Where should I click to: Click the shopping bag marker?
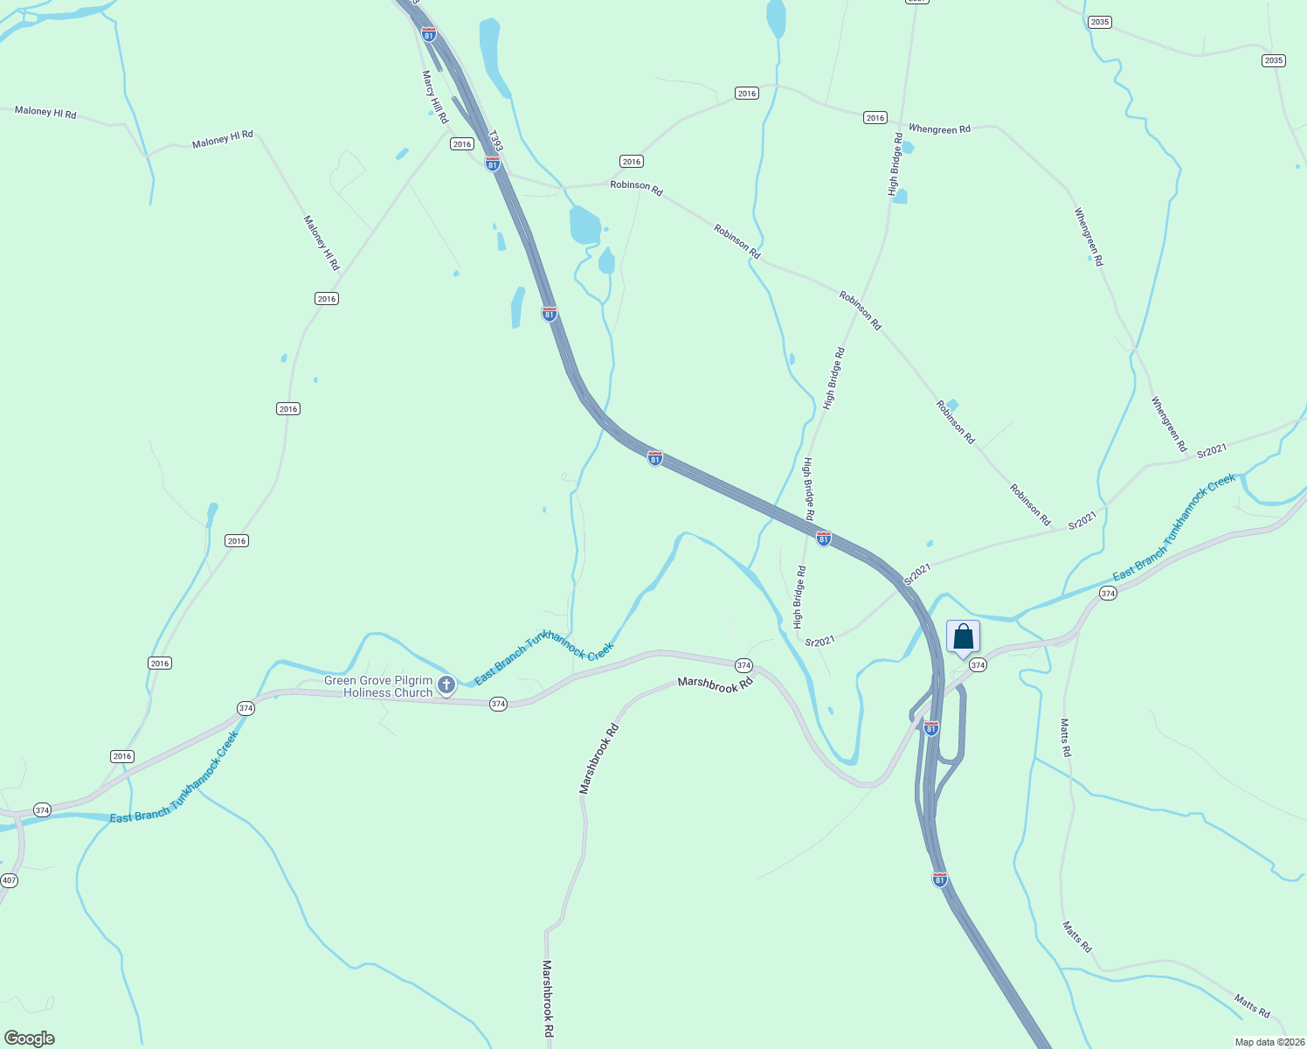tap(963, 637)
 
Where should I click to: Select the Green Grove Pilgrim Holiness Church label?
tap(378, 686)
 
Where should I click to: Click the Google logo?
tap(30, 1039)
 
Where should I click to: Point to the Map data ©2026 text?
tap(1269, 1042)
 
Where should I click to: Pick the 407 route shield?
tap(8, 879)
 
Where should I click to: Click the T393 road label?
tap(495, 142)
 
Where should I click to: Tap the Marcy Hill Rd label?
tap(435, 97)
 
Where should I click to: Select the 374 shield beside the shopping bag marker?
tap(978, 665)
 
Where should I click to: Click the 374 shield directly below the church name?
tap(498, 704)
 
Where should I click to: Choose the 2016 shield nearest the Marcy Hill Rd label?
tap(462, 144)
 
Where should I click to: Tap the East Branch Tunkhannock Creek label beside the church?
tap(543, 664)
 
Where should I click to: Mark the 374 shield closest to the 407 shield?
tap(42, 810)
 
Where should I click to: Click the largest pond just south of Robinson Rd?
tap(584, 226)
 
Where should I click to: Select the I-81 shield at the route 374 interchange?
tap(931, 728)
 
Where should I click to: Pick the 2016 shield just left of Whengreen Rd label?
tap(875, 117)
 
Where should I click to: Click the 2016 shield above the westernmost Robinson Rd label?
tap(632, 161)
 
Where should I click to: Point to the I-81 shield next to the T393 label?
tap(493, 163)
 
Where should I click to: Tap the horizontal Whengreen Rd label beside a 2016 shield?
tap(939, 129)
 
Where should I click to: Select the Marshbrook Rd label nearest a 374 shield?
tap(715, 685)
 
